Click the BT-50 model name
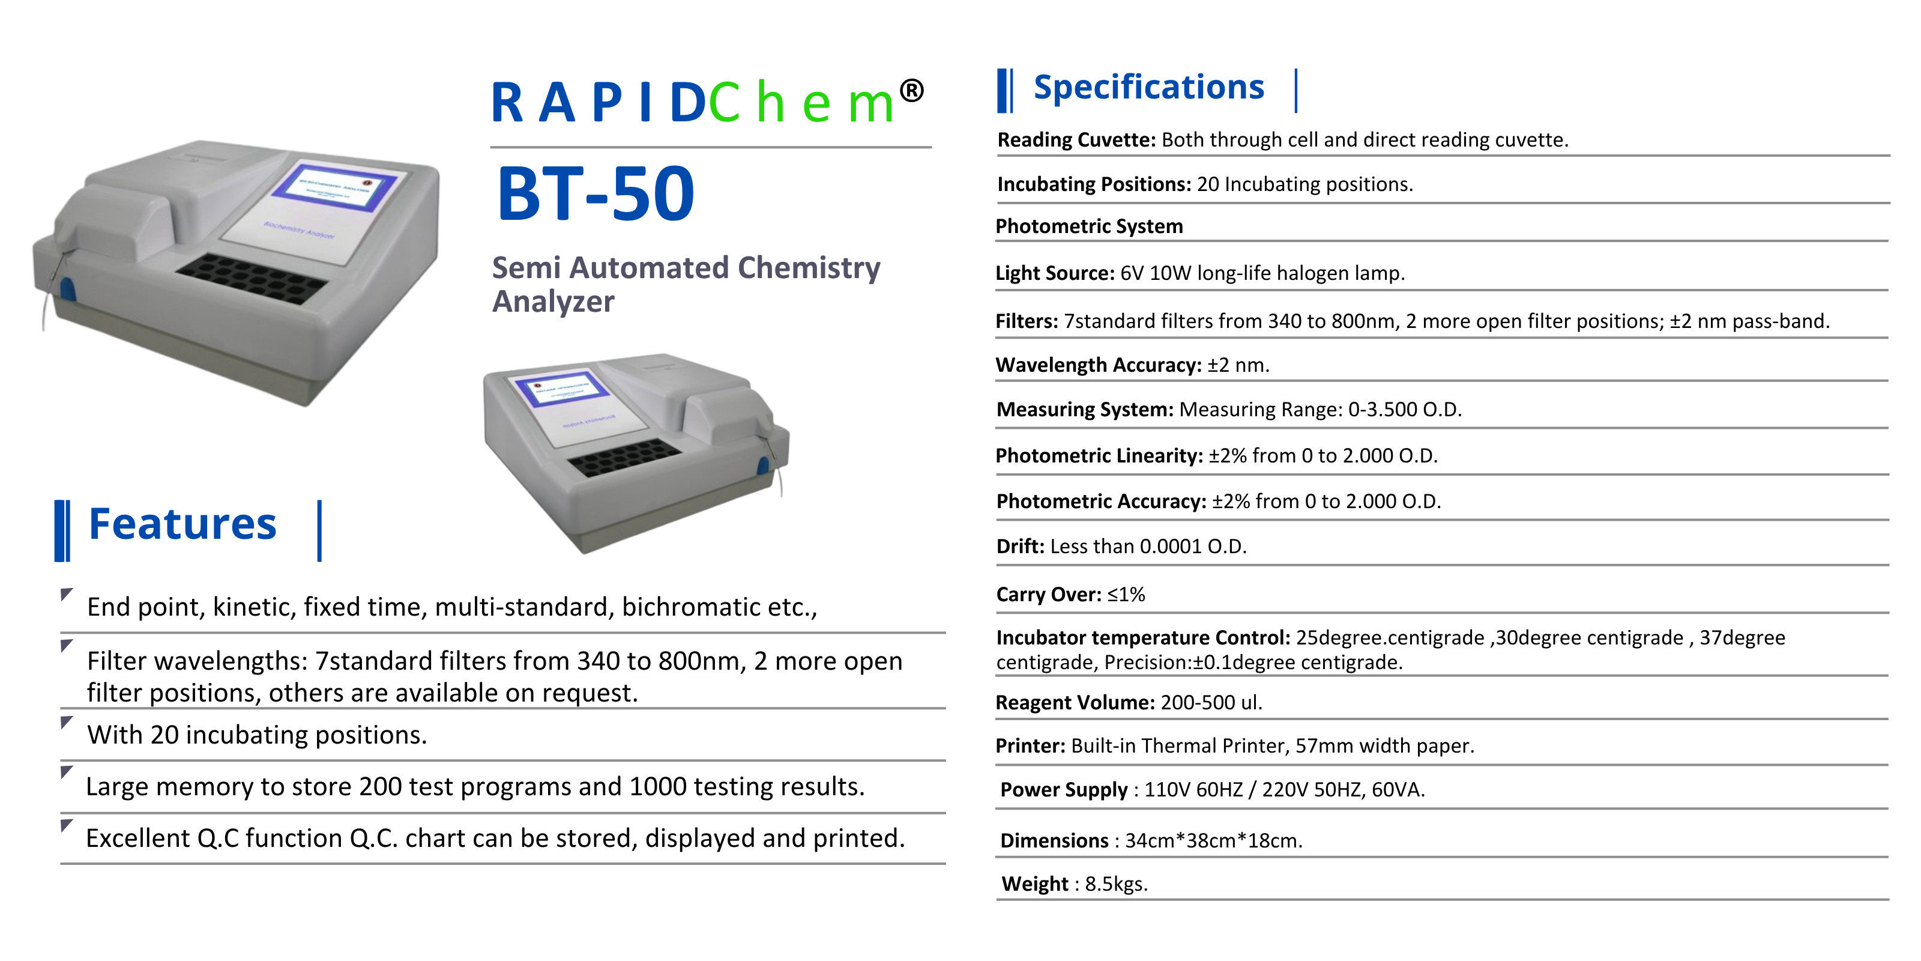point(595,194)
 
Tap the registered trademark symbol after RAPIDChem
point(911,91)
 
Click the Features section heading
point(182,524)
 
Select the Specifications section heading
point(1148,87)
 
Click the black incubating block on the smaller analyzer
point(625,456)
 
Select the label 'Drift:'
point(1020,546)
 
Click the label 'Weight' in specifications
point(1035,884)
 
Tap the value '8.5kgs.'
point(1117,884)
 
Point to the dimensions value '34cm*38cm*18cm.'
point(1213,840)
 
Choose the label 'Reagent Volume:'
point(1075,702)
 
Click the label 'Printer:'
point(1031,745)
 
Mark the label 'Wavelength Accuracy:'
point(1099,365)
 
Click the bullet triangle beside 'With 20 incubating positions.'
point(67,722)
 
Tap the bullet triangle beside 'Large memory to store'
point(67,771)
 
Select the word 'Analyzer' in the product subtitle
point(553,302)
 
